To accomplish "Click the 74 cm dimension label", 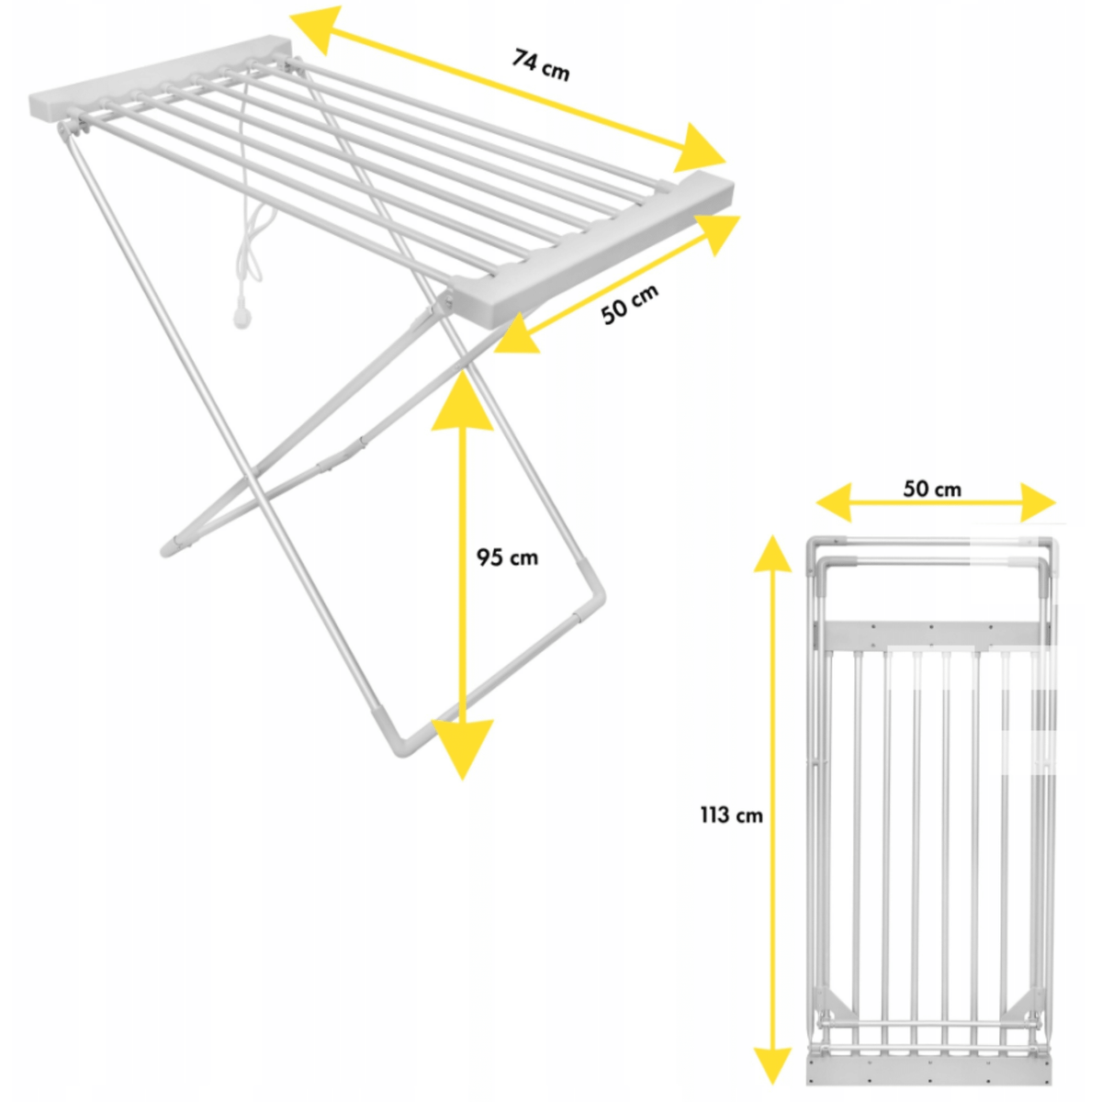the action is point(540,65).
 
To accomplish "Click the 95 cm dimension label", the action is point(507,557).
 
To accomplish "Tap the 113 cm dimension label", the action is point(731,815).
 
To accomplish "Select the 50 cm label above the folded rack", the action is point(932,489).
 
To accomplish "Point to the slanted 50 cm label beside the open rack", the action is point(630,304).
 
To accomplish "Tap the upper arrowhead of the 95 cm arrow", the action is point(462,401).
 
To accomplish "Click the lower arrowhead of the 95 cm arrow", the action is point(462,748).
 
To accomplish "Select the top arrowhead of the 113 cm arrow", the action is point(772,554).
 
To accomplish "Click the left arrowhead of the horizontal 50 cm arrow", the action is point(833,502).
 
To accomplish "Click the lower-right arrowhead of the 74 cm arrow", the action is point(699,150).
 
